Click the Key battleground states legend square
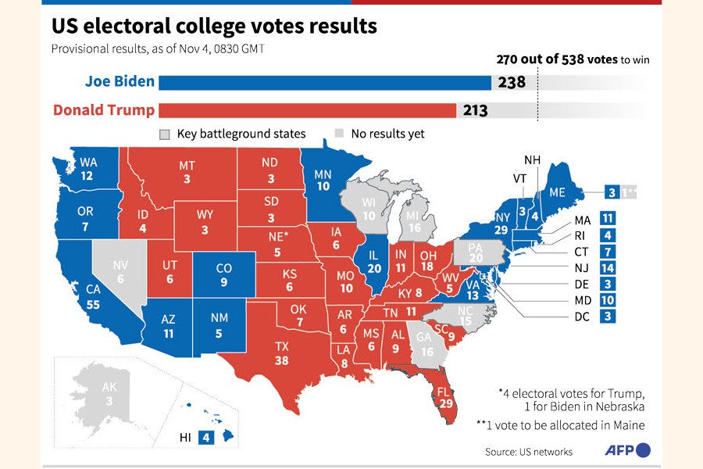click(165, 134)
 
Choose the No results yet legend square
click(339, 134)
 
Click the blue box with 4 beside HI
click(206, 438)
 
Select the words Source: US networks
click(528, 451)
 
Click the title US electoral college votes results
click(214, 27)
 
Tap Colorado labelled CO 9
click(223, 274)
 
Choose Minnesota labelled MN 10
click(323, 181)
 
